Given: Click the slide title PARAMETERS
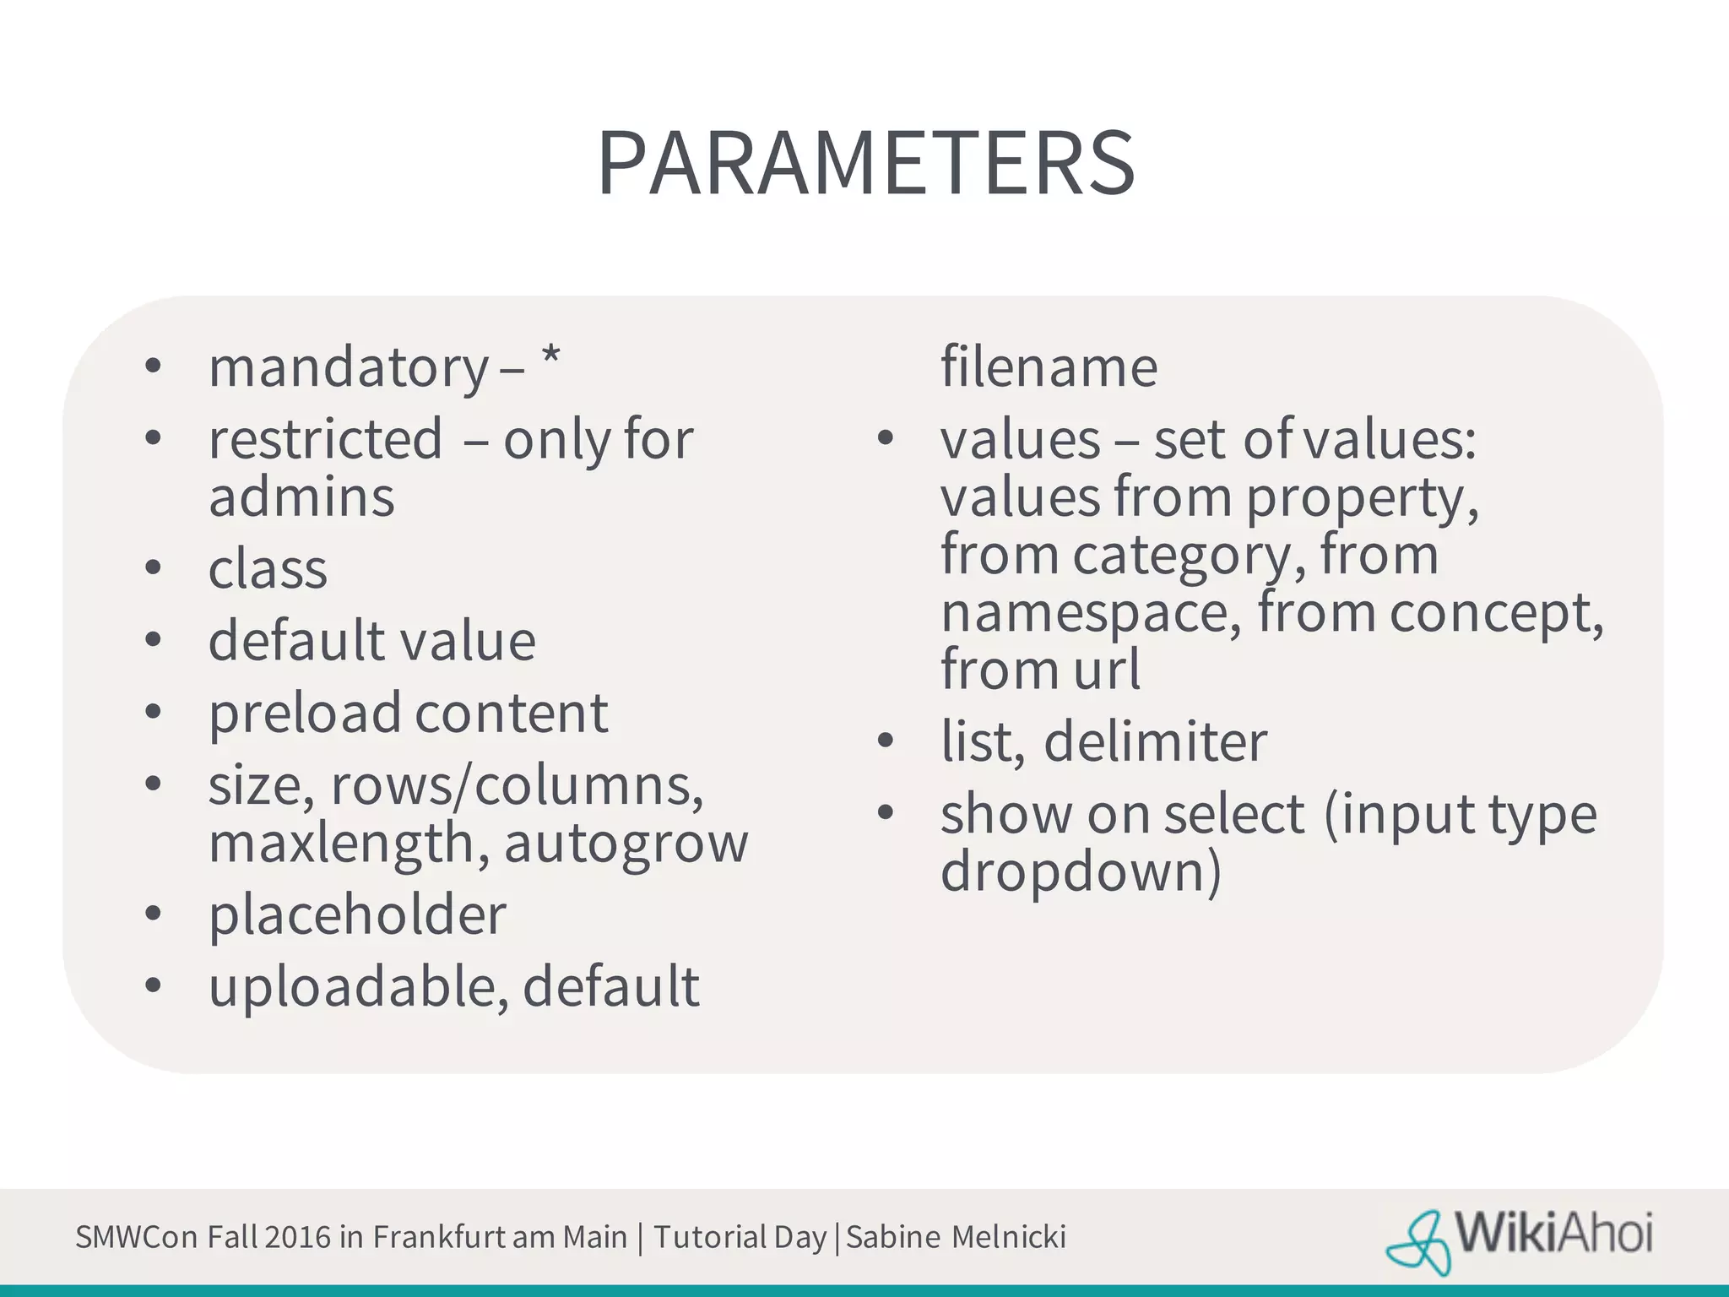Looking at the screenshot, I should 865,164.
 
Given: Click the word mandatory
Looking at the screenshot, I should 348,368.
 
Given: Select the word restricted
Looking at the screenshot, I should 325,439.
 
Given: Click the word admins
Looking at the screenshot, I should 301,497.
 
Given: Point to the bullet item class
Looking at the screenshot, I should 268,569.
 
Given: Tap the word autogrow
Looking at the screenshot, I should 626,844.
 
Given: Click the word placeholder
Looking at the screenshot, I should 357,916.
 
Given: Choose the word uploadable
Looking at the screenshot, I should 359,987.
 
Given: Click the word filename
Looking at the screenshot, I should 1049,367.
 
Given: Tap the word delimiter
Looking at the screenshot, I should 1155,742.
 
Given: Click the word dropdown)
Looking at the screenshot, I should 1081,871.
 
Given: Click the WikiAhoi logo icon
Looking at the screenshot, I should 1418,1241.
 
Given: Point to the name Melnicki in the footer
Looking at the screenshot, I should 1008,1237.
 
